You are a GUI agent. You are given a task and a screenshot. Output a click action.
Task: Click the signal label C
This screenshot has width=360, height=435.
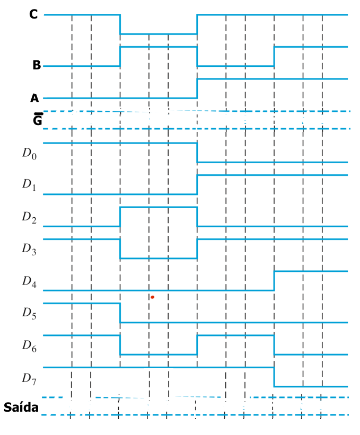pyautogui.click(x=33, y=14)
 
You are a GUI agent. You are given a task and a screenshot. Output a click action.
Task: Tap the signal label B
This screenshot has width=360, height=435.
pyautogui.click(x=37, y=65)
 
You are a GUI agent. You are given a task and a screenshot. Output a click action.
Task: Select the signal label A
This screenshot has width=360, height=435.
pyautogui.click(x=34, y=98)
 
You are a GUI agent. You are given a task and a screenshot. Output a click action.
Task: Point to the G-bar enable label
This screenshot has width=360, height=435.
pyautogui.click(x=38, y=119)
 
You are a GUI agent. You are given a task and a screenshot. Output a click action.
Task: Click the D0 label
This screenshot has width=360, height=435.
pyautogui.click(x=29, y=154)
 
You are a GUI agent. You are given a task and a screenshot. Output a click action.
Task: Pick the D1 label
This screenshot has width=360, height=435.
pyautogui.click(x=29, y=185)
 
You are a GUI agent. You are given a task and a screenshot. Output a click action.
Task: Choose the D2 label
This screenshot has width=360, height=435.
pyautogui.click(x=29, y=217)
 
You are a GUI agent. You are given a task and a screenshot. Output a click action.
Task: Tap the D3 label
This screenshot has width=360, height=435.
pyautogui.click(x=29, y=249)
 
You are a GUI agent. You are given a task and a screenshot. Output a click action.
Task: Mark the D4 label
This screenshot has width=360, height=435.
pyautogui.click(x=29, y=281)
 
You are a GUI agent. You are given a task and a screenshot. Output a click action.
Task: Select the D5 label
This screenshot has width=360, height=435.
pyautogui.click(x=29, y=313)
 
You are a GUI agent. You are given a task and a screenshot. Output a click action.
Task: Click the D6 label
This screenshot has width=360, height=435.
pyautogui.click(x=29, y=345)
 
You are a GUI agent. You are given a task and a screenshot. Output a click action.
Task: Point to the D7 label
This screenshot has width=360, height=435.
pyautogui.click(x=29, y=378)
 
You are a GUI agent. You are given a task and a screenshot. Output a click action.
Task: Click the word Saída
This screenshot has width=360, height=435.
pyautogui.click(x=21, y=407)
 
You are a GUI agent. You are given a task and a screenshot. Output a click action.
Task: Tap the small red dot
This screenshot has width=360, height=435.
pyautogui.click(x=152, y=297)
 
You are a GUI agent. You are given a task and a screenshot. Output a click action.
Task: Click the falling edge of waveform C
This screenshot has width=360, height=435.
pyautogui.click(x=120, y=24)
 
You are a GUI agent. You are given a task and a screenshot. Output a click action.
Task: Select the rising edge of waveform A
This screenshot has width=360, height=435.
pyautogui.click(x=197, y=88)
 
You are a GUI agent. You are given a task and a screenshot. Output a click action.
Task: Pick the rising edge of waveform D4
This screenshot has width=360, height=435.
pyautogui.click(x=274, y=281)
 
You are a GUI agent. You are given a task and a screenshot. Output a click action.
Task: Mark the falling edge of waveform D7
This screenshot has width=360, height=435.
pyautogui.click(x=274, y=377)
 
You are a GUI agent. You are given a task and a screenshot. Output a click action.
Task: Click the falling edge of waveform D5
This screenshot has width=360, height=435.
pyautogui.click(x=120, y=313)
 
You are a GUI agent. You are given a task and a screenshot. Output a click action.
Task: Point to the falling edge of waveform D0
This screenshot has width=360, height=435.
pyautogui.click(x=197, y=153)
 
